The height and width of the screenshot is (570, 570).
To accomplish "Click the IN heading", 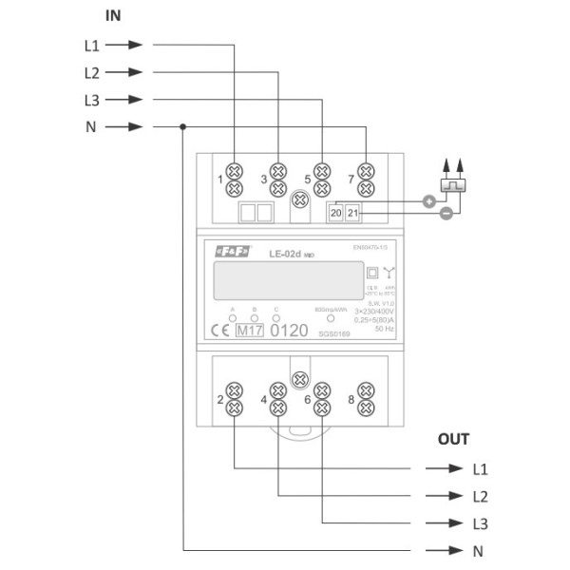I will (113, 16).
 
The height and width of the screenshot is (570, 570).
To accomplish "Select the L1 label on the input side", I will (92, 45).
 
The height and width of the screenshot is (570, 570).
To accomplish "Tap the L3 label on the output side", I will (480, 523).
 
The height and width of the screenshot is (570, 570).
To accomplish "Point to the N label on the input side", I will (91, 127).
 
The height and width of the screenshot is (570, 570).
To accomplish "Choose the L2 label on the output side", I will (480, 496).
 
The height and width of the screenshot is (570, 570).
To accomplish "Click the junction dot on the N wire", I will (183, 127).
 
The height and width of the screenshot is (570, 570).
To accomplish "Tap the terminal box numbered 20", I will (336, 213).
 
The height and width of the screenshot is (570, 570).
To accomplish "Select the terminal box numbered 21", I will (352, 213).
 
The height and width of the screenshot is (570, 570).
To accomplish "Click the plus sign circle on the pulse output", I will (428, 201).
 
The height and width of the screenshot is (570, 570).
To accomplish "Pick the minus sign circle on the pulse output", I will (446, 215).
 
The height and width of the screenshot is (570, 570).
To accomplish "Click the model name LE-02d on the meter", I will (284, 255).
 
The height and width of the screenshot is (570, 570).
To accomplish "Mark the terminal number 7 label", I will (351, 178).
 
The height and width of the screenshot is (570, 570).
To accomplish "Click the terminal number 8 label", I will (351, 400).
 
